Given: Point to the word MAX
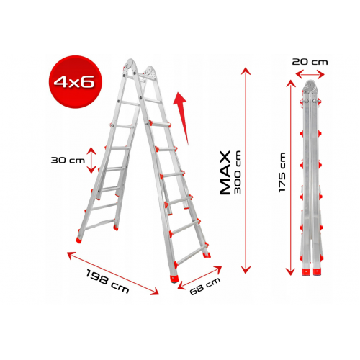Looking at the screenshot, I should click(x=225, y=173).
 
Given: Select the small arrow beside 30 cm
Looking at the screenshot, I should click(x=91, y=160).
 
